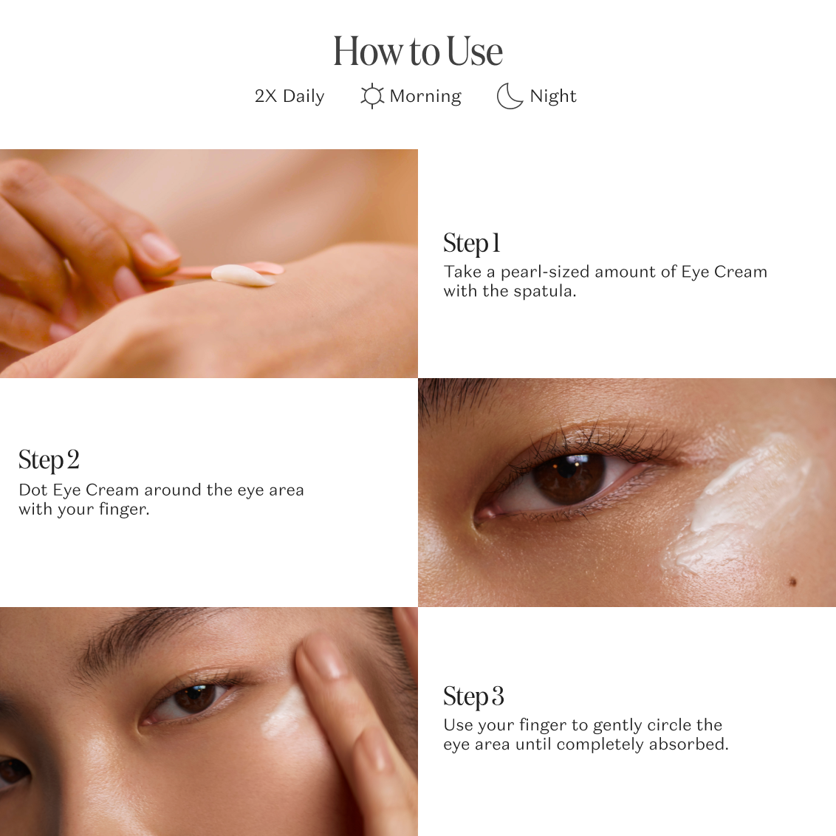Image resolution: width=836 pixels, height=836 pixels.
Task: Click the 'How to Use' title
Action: [418, 51]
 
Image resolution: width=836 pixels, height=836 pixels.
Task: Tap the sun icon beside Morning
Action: [372, 96]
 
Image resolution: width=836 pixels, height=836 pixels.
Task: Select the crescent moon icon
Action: [509, 96]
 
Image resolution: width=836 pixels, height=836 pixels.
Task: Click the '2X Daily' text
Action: [289, 96]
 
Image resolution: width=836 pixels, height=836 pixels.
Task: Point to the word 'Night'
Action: [553, 96]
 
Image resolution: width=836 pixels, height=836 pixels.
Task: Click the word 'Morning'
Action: [425, 96]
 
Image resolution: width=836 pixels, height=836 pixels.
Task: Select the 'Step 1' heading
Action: [472, 243]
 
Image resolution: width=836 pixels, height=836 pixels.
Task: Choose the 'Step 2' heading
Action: [49, 459]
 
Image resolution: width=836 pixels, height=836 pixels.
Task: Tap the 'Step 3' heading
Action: [473, 696]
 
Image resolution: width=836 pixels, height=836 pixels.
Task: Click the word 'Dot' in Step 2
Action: [33, 490]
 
